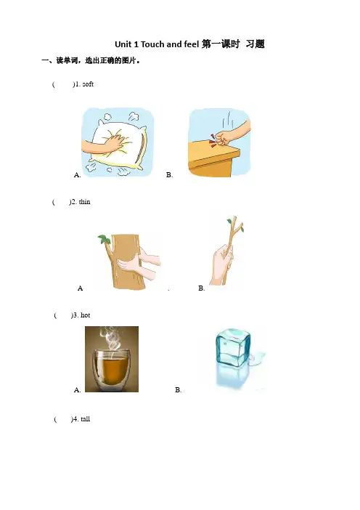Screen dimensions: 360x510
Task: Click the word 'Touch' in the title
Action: pos(152,44)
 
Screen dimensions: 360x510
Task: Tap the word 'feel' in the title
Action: pos(192,44)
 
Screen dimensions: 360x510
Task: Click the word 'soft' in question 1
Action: pos(88,84)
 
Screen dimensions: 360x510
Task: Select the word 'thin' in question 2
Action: pos(84,202)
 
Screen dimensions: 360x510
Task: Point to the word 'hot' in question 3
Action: pos(85,315)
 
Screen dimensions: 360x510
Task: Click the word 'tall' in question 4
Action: pos(85,419)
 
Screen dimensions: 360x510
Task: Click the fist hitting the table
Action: pos(224,139)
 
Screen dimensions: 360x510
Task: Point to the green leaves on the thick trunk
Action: pos(104,240)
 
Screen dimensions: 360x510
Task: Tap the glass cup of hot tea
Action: pos(112,367)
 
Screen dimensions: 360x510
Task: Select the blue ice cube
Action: pos(233,347)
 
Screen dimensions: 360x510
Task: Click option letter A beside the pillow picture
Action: pos(78,175)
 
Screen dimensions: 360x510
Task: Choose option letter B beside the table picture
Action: pos(169,175)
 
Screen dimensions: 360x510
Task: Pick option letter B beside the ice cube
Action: pos(178,389)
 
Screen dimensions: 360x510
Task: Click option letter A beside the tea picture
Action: pos(78,389)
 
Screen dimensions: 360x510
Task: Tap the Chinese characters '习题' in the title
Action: pos(255,44)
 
